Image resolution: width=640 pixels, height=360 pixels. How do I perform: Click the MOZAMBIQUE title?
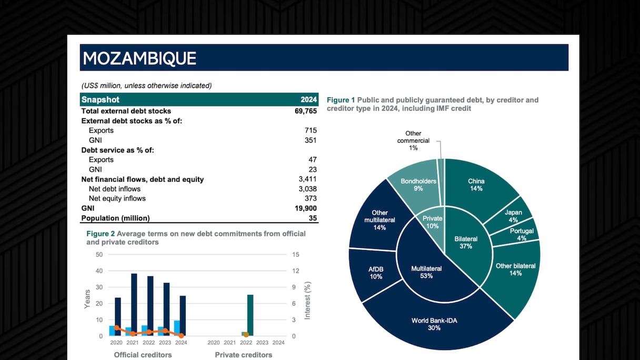tap(139, 58)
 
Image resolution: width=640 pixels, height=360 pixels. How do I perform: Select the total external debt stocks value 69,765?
tap(305, 111)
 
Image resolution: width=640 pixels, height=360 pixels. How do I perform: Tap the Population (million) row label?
tap(115, 218)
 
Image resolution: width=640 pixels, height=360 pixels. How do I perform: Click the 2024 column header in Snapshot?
tap(308, 100)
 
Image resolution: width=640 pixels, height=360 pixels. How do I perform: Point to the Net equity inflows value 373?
tap(311, 198)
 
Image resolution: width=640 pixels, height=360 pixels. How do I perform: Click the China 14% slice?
tap(476, 185)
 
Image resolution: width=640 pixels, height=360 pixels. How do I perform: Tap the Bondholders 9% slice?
tap(418, 185)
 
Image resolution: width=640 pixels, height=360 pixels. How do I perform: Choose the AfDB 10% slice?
tap(376, 273)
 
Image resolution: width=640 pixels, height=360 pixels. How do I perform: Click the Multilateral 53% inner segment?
tap(426, 272)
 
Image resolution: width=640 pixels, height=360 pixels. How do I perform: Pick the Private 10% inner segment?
tap(433, 222)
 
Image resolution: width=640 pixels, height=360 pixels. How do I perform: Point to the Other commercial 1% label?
tap(413, 141)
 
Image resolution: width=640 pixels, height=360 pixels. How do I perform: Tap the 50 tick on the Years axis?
tap(99, 255)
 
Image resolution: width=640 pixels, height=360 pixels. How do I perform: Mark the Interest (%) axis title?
tap(308, 301)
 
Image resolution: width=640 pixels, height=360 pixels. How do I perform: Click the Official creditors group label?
tap(143, 355)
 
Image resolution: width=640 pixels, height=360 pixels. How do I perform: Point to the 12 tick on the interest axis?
tap(295, 271)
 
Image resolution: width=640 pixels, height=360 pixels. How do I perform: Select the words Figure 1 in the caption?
tap(341, 100)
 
